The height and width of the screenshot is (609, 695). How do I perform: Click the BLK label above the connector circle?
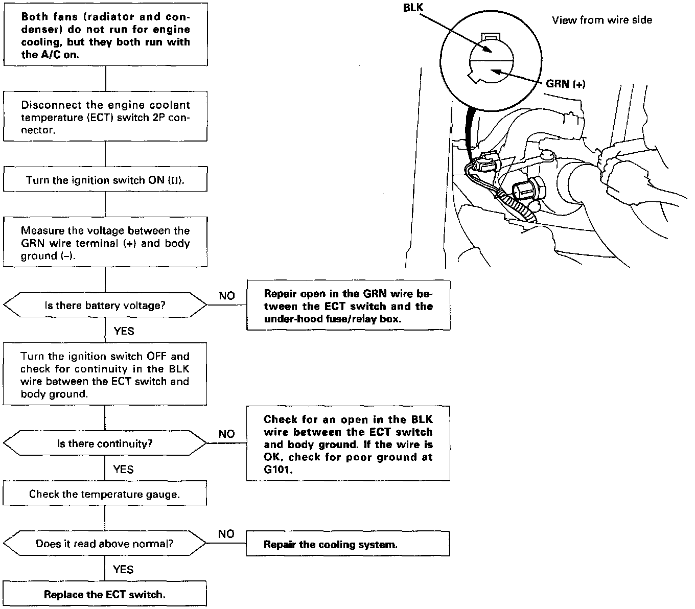[413, 8]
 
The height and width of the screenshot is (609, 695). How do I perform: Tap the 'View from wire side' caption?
[602, 20]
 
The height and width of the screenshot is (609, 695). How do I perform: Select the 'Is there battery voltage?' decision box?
[105, 306]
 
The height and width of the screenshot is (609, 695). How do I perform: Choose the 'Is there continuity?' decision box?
[105, 443]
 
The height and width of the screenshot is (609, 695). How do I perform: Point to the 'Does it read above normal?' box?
[105, 544]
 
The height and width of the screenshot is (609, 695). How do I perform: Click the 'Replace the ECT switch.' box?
[105, 594]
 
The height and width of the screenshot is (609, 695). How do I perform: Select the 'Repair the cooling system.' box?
[348, 545]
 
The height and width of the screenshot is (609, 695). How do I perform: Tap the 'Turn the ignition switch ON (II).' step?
[105, 180]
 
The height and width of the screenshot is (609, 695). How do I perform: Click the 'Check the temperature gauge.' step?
[105, 494]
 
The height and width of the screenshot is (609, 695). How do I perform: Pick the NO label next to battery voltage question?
[227, 296]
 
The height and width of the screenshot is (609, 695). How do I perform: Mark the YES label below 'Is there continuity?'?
[124, 469]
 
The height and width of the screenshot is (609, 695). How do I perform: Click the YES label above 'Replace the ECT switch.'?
[124, 570]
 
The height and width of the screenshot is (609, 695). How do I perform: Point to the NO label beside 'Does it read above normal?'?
[226, 534]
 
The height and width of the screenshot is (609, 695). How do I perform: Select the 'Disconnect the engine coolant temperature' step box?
[105, 117]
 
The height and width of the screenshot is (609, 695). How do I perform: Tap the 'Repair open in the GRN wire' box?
[348, 306]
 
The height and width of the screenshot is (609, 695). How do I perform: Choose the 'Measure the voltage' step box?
[105, 243]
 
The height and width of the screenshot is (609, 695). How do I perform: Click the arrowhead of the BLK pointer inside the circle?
[488, 52]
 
